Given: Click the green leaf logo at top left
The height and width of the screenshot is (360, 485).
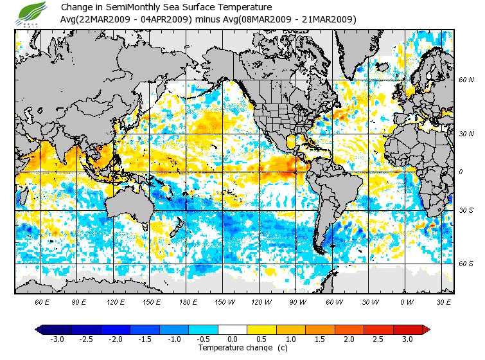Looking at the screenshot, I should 31,12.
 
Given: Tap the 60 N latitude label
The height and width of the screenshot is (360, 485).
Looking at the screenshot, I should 466,80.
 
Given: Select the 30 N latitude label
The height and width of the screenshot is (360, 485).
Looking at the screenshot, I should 466,134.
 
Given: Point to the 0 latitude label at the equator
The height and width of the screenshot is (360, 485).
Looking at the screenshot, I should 461,172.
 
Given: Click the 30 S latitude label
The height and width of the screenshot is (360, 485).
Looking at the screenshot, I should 466,210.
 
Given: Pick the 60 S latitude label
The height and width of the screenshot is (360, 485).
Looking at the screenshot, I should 466,264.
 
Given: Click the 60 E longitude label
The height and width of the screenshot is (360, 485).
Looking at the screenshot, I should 42,301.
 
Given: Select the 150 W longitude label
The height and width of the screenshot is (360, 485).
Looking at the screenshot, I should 225,301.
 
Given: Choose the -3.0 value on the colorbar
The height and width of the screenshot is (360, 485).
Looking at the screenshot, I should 57,339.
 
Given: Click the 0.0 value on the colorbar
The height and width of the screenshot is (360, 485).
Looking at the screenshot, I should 233,339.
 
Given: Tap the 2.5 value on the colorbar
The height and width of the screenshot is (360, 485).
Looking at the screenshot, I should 378,339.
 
